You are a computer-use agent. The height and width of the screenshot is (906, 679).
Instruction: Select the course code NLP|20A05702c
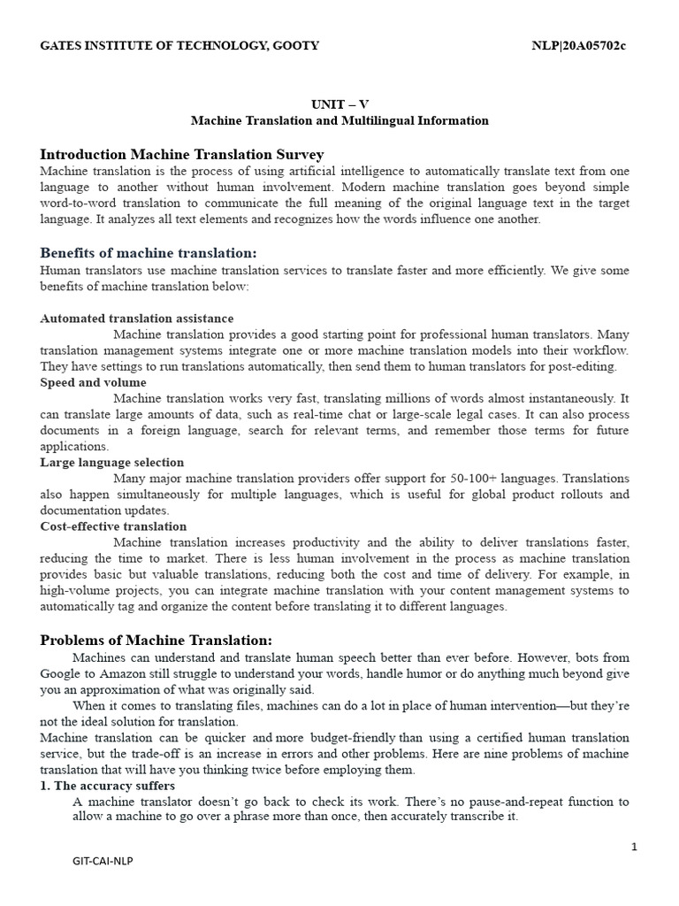[578, 45]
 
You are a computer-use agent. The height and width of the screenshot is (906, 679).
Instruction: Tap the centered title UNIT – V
[339, 104]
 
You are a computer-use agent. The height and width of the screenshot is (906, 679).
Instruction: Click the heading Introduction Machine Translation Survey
[182, 154]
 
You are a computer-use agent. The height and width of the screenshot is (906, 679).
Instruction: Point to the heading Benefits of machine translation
[149, 253]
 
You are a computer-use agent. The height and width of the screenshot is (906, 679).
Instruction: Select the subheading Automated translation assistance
[137, 319]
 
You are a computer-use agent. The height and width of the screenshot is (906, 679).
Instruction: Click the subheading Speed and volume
[94, 382]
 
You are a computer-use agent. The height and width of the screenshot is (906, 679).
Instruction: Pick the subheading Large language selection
[112, 462]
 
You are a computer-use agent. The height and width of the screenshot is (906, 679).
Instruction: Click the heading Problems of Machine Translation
[156, 641]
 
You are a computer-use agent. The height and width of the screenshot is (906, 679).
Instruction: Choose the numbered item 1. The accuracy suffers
[108, 786]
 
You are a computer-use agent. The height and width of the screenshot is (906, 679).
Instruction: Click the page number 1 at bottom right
[634, 847]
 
